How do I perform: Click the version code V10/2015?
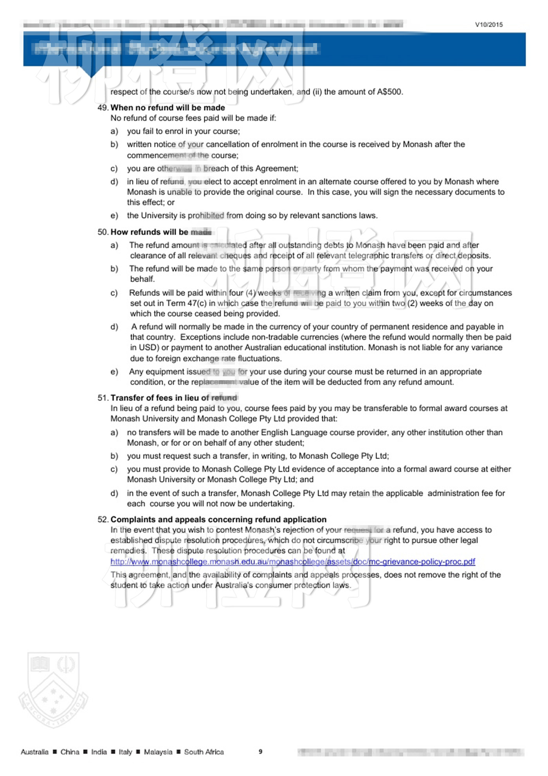pyautogui.click(x=489, y=24)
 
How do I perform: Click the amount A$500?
pyautogui.click(x=389, y=92)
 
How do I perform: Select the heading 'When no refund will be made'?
pyautogui.click(x=168, y=107)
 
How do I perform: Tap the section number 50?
pyautogui.click(x=103, y=232)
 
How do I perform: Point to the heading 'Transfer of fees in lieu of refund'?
pyautogui.click(x=174, y=398)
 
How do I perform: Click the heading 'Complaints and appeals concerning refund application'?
pyautogui.click(x=218, y=519)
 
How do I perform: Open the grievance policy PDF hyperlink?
pyautogui.click(x=292, y=562)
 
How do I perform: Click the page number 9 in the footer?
pyautogui.click(x=260, y=751)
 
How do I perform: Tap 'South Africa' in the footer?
pyautogui.click(x=204, y=752)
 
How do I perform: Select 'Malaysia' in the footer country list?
pyautogui.click(x=158, y=752)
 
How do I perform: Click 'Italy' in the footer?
pyautogui.click(x=125, y=752)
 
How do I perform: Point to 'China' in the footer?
pyautogui.click(x=70, y=752)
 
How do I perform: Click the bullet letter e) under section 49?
pyautogui.click(x=114, y=216)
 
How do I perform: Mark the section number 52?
pyautogui.click(x=103, y=519)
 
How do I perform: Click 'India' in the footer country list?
pyautogui.click(x=99, y=752)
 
